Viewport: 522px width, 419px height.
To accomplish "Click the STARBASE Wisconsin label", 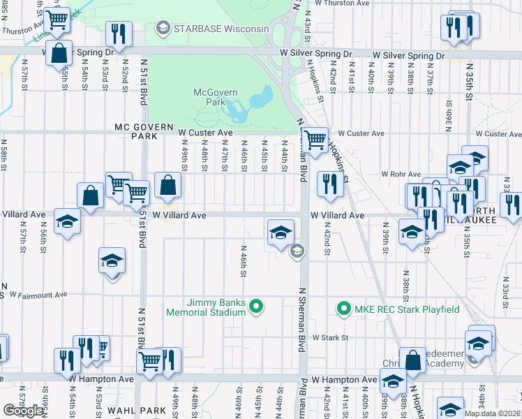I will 221,29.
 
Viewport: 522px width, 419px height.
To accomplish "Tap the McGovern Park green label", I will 215,98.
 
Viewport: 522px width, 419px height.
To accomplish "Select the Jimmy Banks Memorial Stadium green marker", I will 256,304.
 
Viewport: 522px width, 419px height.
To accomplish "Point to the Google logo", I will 23,410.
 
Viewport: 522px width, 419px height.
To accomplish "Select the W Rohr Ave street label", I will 401,174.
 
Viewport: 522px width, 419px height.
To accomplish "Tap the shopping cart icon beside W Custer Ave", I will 316,140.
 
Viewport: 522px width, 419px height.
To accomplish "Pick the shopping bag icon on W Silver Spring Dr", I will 59,52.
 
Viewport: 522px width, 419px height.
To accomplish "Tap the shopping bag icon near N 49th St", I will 168,185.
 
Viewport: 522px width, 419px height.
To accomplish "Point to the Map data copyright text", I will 492,413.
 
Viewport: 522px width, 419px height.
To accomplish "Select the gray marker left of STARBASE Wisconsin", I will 163,29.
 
